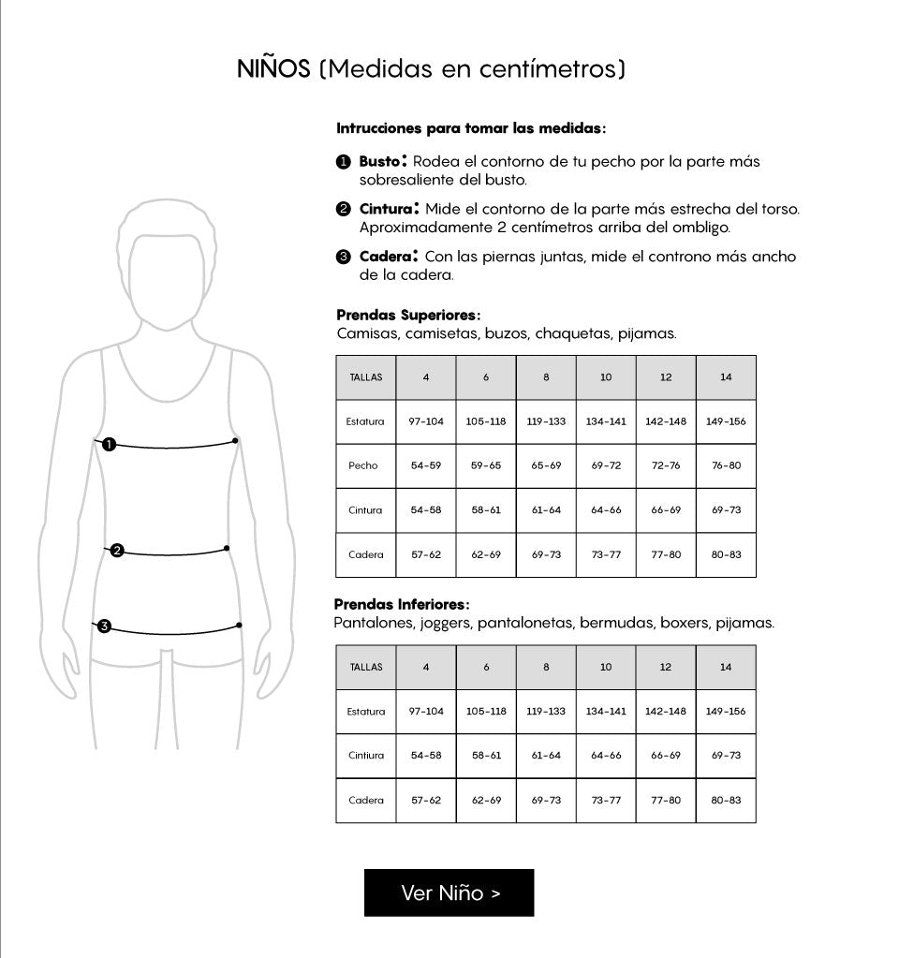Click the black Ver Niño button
pyautogui.click(x=449, y=892)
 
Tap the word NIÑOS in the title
pyautogui.click(x=273, y=69)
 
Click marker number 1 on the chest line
pyautogui.click(x=110, y=445)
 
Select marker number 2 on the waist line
pyautogui.click(x=117, y=551)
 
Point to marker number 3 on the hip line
pyautogui.click(x=104, y=626)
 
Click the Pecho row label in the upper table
pyautogui.click(x=363, y=465)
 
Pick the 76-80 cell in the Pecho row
pyautogui.click(x=726, y=465)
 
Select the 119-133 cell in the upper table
pyautogui.click(x=546, y=421)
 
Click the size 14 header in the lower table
pyautogui.click(x=726, y=668)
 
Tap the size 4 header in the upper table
pyautogui.click(x=426, y=377)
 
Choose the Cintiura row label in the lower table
pyautogui.click(x=365, y=756)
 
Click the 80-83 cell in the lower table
pyautogui.click(x=726, y=801)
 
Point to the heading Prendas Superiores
pyautogui.click(x=408, y=316)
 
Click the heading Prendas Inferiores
pyautogui.click(x=402, y=605)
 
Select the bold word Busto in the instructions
pyautogui.click(x=379, y=161)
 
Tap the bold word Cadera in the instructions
pyautogui.click(x=385, y=256)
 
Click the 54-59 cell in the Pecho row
pyautogui.click(x=426, y=465)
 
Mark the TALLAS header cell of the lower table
pyautogui.click(x=365, y=668)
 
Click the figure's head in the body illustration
pyautogui.click(x=168, y=272)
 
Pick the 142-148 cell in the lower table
pyautogui.click(x=666, y=712)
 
